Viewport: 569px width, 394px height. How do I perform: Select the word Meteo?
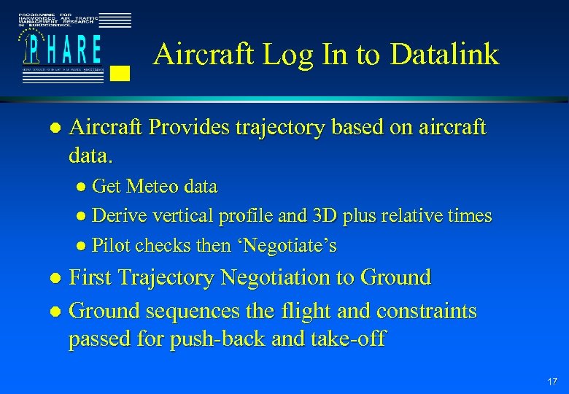point(153,187)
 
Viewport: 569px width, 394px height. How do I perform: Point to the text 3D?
point(323,216)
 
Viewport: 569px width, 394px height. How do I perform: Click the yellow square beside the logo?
point(122,72)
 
